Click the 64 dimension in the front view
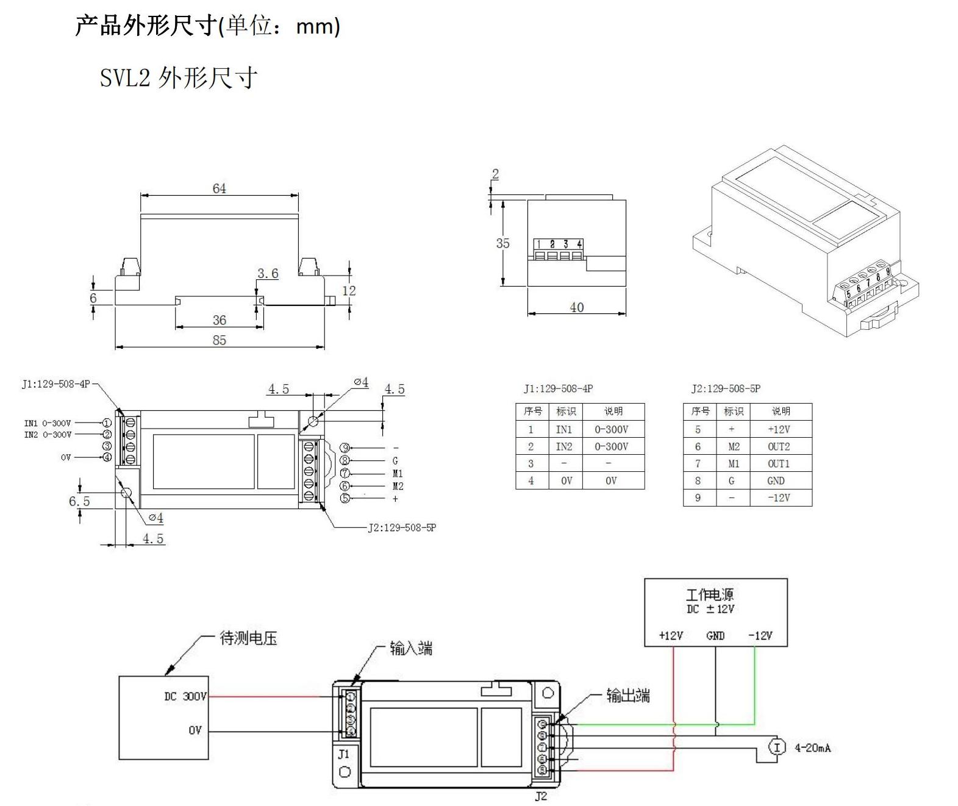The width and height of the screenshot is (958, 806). (220, 188)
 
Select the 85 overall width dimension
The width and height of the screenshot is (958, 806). (220, 340)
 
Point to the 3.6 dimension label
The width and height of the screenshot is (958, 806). (268, 274)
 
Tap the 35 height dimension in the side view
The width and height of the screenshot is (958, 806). (502, 243)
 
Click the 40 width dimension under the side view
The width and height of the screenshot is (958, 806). (577, 307)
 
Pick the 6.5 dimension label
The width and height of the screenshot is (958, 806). (79, 501)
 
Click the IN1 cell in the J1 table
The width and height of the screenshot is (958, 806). (565, 429)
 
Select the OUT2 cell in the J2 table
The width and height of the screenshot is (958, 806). (779, 446)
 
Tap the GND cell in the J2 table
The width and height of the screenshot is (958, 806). (776, 480)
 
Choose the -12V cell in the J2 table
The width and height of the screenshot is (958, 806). (779, 498)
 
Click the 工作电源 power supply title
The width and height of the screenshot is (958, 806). (710, 594)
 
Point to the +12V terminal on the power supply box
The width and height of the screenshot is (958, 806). (671, 635)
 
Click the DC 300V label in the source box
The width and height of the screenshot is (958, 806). (185, 696)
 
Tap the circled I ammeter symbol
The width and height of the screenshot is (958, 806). (777, 747)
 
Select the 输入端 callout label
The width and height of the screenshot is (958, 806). (411, 648)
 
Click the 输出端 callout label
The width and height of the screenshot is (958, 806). (628, 695)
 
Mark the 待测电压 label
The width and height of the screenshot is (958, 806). (248, 638)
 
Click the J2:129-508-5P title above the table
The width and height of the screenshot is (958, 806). (726, 388)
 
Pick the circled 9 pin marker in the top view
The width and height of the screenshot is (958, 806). (345, 448)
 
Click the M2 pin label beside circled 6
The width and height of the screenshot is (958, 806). (398, 486)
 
